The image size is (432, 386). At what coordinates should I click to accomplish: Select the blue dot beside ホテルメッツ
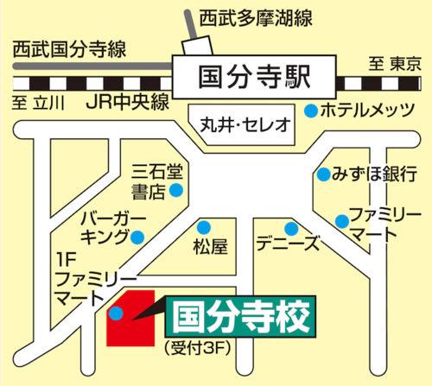[x=310, y=110]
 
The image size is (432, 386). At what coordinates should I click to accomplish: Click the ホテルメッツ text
[x=364, y=111]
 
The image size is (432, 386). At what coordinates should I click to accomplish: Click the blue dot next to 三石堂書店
[x=177, y=189]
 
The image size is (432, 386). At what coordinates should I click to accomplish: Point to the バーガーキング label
[x=107, y=225]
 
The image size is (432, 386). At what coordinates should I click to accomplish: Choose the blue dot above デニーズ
[x=292, y=230]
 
